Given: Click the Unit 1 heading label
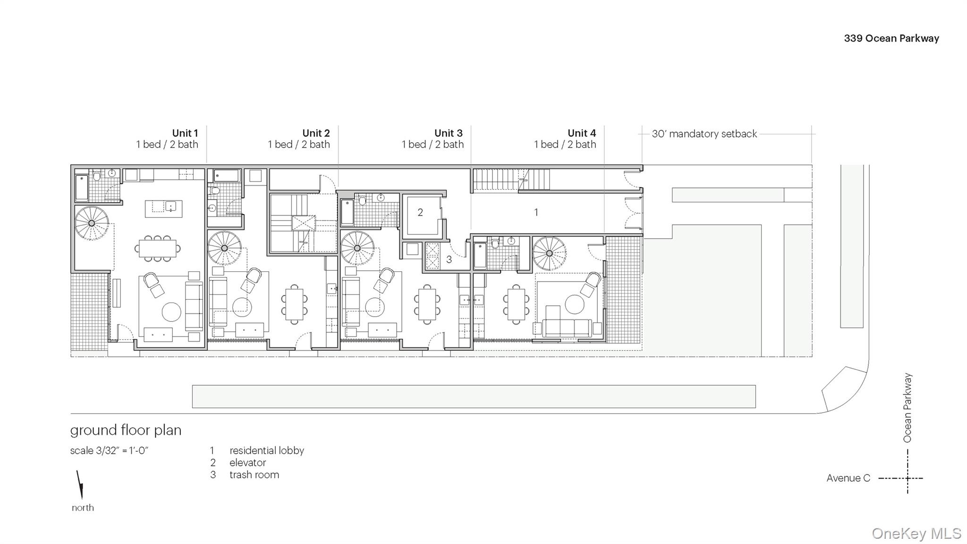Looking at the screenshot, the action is pyautogui.click(x=185, y=133).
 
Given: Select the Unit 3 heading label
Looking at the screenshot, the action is pyautogui.click(x=449, y=133).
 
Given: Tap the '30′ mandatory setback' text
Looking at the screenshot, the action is pyautogui.click(x=704, y=134).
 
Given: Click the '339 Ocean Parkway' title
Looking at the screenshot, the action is pyautogui.click(x=891, y=38).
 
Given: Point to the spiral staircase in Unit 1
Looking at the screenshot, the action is pyautogui.click(x=92, y=223).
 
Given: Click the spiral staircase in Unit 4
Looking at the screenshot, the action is pyautogui.click(x=549, y=253).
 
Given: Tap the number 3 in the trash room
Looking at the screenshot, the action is pyautogui.click(x=449, y=259).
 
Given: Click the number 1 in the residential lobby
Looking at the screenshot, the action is pyautogui.click(x=536, y=212).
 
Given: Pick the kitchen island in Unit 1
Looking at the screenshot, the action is pyautogui.click(x=163, y=208).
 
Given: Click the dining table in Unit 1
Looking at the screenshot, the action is pyautogui.click(x=158, y=248).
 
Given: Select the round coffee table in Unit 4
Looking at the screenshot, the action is pyautogui.click(x=575, y=304).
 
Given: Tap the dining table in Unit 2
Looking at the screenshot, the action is pyautogui.click(x=294, y=304).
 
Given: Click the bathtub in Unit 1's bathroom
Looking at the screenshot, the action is pyautogui.click(x=82, y=188).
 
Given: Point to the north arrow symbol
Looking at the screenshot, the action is pyautogui.click(x=80, y=484).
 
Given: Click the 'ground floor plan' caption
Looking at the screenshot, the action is pyautogui.click(x=126, y=430).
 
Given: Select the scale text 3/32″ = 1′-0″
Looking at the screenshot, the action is pyautogui.click(x=122, y=450).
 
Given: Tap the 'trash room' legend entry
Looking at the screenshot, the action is pyautogui.click(x=254, y=475).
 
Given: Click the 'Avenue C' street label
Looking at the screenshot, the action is pyautogui.click(x=848, y=478).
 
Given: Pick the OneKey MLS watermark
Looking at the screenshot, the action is pyautogui.click(x=916, y=534).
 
